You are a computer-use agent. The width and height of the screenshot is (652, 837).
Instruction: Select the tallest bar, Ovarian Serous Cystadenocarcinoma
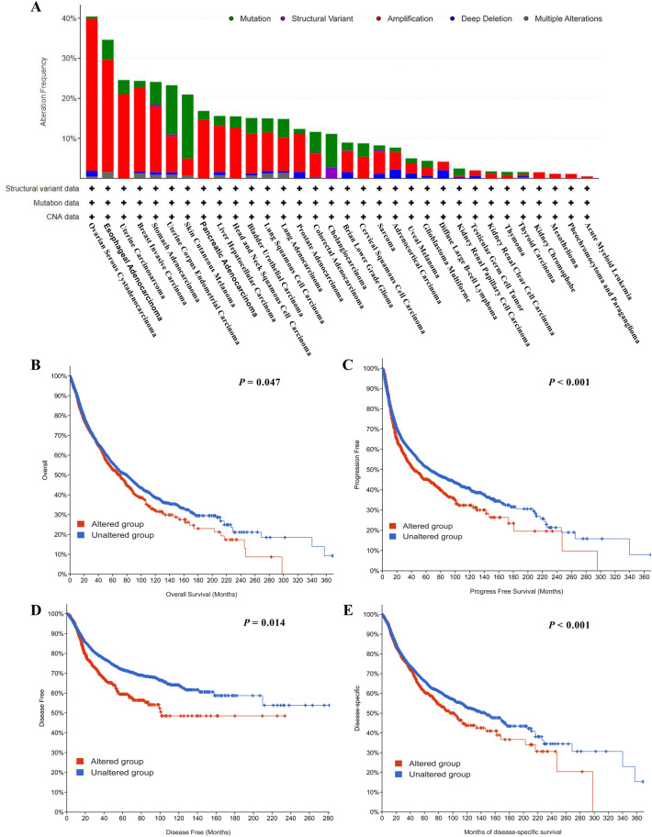(x=92, y=97)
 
